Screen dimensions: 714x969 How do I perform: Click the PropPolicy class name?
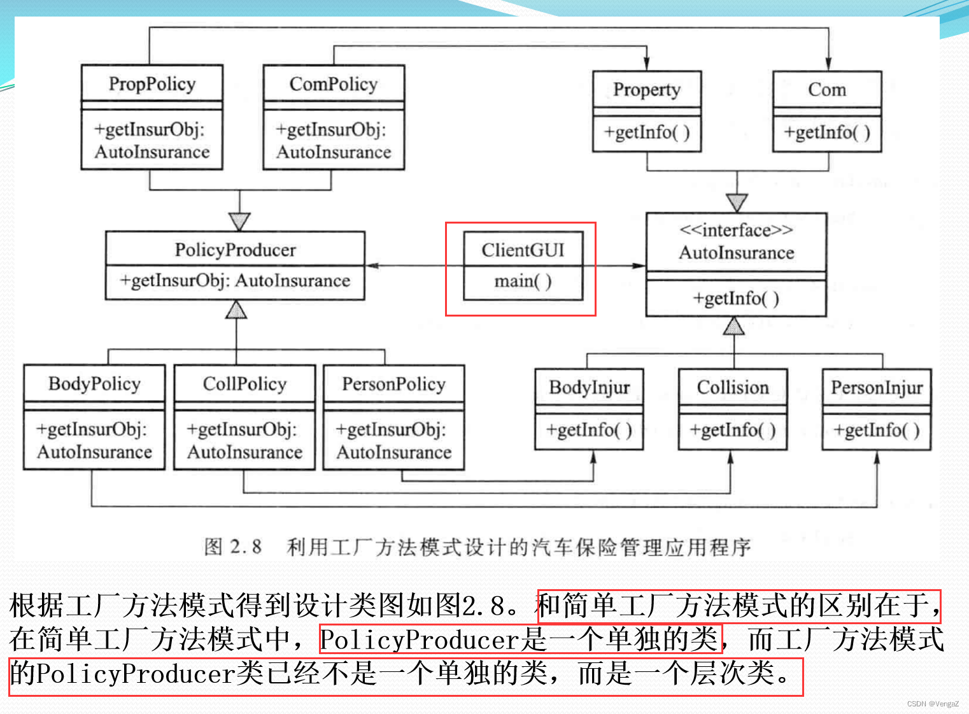pos(152,84)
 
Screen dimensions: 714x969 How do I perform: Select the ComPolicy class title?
pos(334,84)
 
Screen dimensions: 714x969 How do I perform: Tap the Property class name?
pos(647,90)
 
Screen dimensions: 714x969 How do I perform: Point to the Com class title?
pos(827,90)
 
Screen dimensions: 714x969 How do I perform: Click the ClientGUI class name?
pos(523,250)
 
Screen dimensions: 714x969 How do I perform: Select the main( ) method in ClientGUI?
pos(523,281)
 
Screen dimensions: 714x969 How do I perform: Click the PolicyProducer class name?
pos(235,250)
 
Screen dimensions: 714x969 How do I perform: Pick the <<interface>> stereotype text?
pos(736,230)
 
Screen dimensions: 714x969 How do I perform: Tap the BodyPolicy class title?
pos(94,383)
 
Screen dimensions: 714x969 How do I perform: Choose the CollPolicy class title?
pos(244,383)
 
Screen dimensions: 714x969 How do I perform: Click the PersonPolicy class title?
pos(393,384)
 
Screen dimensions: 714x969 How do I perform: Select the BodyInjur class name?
pos(590,387)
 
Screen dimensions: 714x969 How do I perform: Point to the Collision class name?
pos(733,387)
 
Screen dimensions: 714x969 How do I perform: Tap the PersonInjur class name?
pos(877,387)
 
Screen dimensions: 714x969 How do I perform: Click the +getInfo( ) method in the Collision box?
pos(733,431)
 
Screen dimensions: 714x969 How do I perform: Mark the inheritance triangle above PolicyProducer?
pos(239,221)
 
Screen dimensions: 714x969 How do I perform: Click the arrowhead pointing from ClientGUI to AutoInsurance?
pos(639,266)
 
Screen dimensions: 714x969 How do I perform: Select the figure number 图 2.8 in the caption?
pos(233,546)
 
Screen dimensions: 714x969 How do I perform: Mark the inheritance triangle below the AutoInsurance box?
pos(734,326)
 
